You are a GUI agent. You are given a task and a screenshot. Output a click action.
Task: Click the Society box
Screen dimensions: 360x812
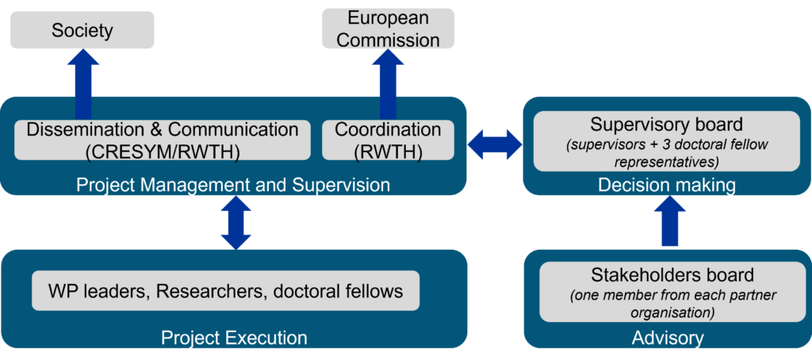click(82, 31)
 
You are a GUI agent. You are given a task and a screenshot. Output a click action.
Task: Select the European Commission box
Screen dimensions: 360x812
click(388, 29)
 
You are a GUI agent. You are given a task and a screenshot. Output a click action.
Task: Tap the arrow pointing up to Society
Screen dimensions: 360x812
click(82, 83)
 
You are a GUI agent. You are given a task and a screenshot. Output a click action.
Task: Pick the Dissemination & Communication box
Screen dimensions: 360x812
click(163, 140)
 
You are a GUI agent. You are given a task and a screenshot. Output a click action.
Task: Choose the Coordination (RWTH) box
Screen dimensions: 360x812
click(388, 140)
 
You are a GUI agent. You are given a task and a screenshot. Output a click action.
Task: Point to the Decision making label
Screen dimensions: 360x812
click(667, 185)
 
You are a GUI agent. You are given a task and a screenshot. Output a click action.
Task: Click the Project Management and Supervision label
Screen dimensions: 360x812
click(233, 185)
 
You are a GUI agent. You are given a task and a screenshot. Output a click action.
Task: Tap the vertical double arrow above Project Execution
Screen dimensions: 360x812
click(236, 223)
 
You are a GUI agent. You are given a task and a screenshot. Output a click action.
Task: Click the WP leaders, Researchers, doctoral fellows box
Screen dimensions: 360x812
click(225, 292)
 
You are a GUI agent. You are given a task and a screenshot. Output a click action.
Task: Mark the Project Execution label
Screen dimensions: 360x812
click(234, 338)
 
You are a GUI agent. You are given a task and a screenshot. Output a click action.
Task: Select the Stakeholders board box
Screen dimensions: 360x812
click(672, 293)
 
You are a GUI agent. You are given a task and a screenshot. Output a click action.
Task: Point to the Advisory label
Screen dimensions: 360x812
click(668, 338)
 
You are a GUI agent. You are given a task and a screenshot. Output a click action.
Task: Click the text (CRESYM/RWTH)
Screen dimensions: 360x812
click(163, 150)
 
